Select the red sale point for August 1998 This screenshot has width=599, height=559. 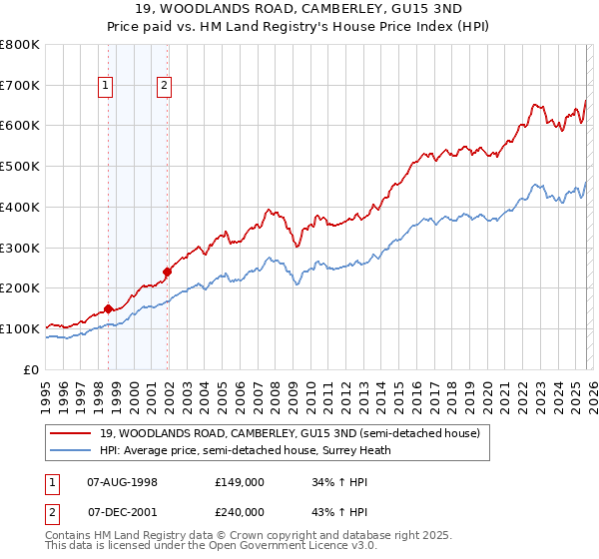tap(108, 308)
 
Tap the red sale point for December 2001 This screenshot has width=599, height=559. tap(167, 272)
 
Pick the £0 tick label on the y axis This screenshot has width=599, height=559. tap(30, 369)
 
